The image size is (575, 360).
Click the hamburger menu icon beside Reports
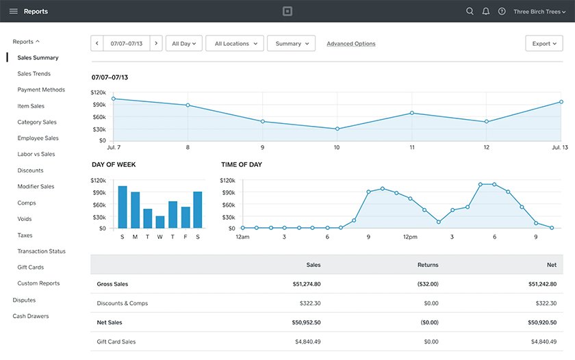point(14,12)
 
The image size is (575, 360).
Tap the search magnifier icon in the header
point(470,12)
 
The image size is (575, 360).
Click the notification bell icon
point(486,12)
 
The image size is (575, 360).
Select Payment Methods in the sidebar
point(41,90)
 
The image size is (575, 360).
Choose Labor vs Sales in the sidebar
point(36,154)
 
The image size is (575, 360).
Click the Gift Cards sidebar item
point(30,267)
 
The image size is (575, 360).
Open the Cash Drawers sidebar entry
point(30,316)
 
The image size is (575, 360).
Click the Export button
point(544,44)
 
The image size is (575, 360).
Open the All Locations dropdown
point(235,44)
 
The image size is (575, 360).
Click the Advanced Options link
point(350,44)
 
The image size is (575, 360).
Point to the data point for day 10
point(337,129)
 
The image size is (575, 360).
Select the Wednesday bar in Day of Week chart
point(160,222)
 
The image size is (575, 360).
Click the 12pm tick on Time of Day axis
point(410,237)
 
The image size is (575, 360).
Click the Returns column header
point(428,264)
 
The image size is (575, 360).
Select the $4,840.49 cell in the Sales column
point(307,342)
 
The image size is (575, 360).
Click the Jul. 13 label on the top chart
point(559,147)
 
